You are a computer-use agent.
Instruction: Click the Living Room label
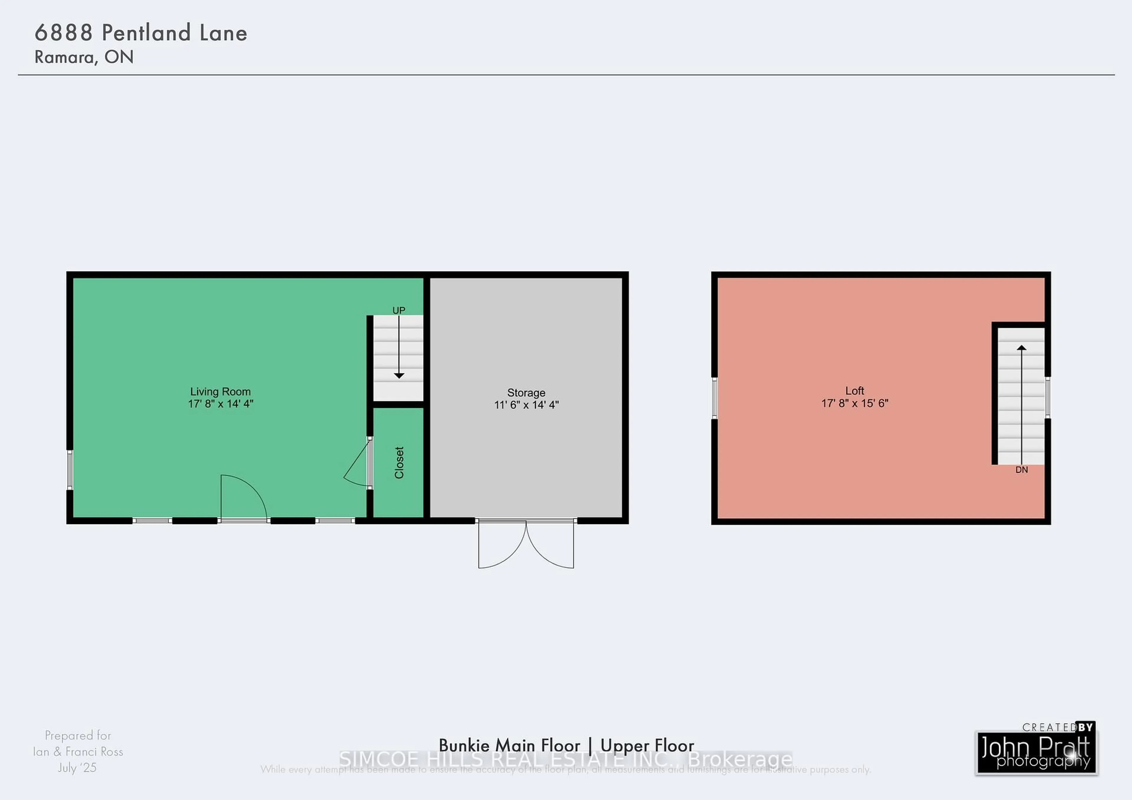point(221,392)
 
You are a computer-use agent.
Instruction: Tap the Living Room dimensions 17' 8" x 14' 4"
point(221,404)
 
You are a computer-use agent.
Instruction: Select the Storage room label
point(526,393)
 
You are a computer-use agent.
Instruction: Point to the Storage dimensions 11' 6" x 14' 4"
point(526,405)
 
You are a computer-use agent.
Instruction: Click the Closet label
point(399,462)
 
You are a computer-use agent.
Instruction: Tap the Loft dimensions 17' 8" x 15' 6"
point(854,403)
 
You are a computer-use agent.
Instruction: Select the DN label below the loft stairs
point(1021,470)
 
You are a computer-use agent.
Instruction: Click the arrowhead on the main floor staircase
point(399,376)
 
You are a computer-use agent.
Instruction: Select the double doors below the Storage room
point(526,545)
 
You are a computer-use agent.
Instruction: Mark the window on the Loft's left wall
point(714,398)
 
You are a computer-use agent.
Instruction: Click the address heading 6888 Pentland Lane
point(141,33)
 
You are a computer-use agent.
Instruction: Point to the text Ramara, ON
point(84,57)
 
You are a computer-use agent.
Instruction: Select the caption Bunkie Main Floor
point(509,745)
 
